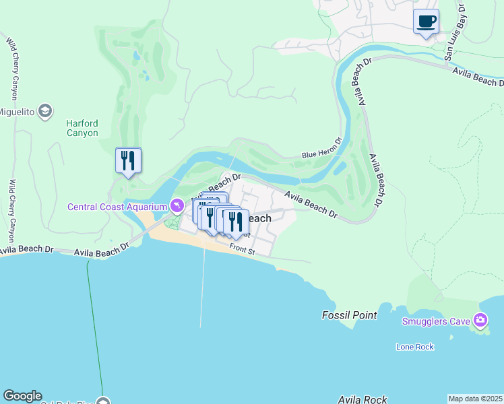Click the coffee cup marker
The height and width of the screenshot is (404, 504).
click(425, 22)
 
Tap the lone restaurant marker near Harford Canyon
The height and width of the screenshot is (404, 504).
click(128, 161)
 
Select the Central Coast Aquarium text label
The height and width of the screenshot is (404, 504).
click(117, 206)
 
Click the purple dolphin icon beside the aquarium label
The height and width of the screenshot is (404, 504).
click(177, 205)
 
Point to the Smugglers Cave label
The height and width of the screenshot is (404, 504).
click(435, 321)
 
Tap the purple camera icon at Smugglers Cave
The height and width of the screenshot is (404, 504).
click(480, 320)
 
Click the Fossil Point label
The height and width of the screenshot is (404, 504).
click(348, 315)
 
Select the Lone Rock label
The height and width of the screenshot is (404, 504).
click(414, 347)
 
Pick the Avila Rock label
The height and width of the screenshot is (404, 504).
click(363, 400)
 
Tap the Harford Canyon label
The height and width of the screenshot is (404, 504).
click(82, 128)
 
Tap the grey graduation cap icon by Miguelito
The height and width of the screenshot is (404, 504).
click(45, 110)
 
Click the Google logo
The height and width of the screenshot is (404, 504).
click(22, 396)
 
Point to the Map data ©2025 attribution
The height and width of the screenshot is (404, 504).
click(476, 399)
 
